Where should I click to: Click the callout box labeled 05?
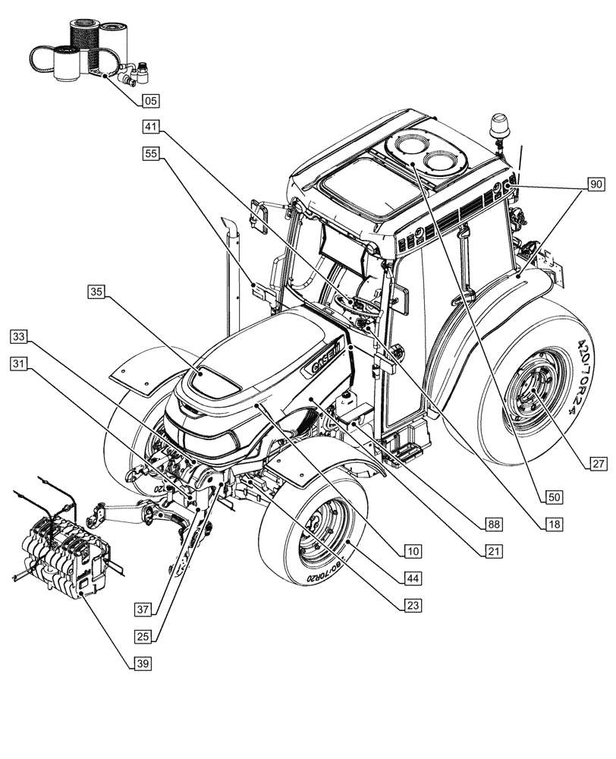(x=150, y=99)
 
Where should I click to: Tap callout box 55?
(x=150, y=153)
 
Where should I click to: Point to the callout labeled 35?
(x=96, y=291)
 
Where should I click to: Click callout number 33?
(x=20, y=336)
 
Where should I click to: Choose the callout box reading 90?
(x=596, y=184)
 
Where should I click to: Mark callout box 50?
(x=555, y=496)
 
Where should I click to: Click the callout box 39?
(x=142, y=663)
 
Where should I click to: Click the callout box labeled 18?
(x=555, y=524)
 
